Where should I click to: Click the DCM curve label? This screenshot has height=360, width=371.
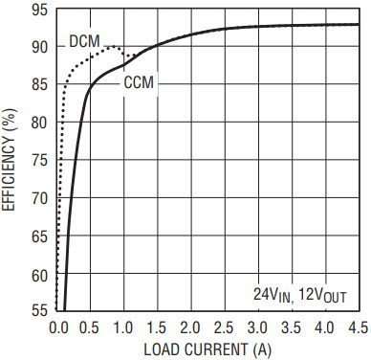(x=84, y=41)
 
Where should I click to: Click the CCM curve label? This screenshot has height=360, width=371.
(x=139, y=82)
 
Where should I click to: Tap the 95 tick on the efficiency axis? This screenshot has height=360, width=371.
(x=40, y=11)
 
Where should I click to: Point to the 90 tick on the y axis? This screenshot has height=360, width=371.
(x=40, y=48)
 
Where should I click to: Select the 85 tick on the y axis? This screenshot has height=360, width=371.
(x=40, y=85)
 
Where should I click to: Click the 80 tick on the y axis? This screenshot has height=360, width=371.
(x=40, y=123)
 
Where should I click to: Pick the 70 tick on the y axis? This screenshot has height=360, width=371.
(x=40, y=198)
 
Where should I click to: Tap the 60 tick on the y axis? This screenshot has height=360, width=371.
(x=40, y=276)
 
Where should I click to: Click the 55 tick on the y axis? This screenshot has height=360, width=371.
(x=40, y=310)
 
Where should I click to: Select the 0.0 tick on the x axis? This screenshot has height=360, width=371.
(x=58, y=328)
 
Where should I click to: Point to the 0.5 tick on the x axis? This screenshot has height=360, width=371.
(x=91, y=328)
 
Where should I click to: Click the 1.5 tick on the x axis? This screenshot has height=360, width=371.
(x=158, y=328)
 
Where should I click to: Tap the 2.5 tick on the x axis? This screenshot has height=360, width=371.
(x=224, y=328)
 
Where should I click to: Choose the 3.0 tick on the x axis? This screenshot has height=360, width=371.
(x=257, y=328)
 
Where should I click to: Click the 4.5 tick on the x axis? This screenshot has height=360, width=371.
(x=359, y=328)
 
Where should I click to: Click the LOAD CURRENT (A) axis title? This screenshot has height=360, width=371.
(x=207, y=349)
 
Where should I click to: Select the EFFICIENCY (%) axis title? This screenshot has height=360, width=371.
(x=9, y=160)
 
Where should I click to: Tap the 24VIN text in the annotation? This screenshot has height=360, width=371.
(x=273, y=295)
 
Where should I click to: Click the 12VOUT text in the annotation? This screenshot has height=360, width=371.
(x=322, y=295)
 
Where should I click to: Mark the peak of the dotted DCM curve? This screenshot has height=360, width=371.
(x=112, y=47)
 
